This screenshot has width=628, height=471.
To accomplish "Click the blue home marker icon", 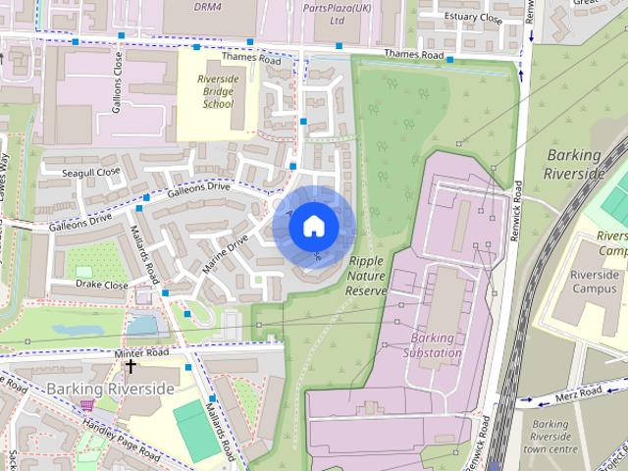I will pyautogui.click(x=313, y=226).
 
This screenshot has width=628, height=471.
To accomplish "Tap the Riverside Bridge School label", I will pyautogui.click(x=217, y=90).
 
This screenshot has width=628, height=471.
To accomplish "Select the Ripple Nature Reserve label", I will pyautogui.click(x=367, y=276).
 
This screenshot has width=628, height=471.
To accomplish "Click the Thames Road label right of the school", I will pyautogui.click(x=414, y=54).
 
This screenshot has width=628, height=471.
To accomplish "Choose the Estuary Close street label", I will pyautogui.click(x=473, y=18).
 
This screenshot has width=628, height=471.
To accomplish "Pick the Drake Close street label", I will pyautogui.click(x=102, y=285).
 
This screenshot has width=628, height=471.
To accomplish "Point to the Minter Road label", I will pyautogui.click(x=142, y=351).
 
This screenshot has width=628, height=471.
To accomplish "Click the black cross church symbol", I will pyautogui.click(x=131, y=366).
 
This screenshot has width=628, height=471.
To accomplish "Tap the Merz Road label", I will pyautogui.click(x=577, y=393).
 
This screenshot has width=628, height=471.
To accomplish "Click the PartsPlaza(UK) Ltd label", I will pyautogui.click(x=338, y=12).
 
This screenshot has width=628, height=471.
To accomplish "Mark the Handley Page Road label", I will pyautogui.click(x=122, y=439).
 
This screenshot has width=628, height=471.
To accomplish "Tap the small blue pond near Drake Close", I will pyautogui.click(x=143, y=325).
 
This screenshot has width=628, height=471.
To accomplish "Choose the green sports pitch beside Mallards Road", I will pyautogui.click(x=196, y=430).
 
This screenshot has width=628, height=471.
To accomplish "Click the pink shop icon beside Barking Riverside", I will pyautogui.click(x=86, y=404).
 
